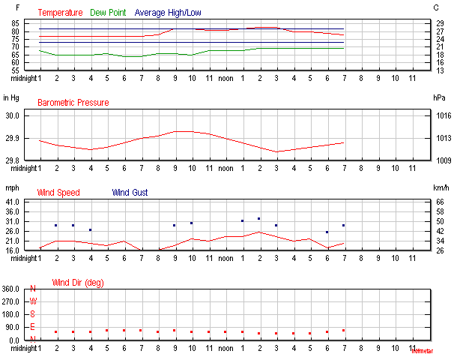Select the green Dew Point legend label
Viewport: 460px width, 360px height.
109,13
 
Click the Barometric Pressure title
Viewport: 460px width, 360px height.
73,103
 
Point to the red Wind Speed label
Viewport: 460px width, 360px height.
59,193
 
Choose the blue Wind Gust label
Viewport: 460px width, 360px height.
130,193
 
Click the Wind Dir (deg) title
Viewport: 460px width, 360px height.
77,282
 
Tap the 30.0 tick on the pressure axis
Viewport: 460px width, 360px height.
13,116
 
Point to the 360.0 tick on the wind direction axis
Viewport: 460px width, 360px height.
11,289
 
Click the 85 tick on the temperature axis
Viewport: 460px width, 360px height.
15,23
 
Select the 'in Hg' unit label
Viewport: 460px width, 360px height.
12,97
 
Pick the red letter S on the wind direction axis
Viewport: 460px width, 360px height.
32,313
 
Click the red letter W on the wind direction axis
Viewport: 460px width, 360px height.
32,301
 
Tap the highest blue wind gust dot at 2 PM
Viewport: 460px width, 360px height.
259,218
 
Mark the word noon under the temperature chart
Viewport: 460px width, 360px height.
226,78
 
